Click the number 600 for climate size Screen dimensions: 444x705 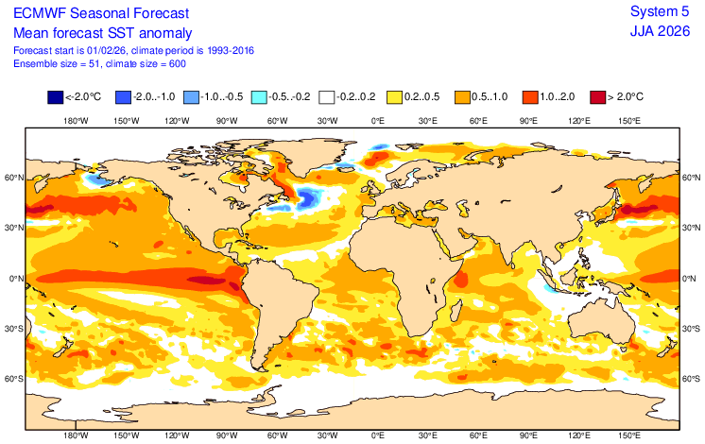point(174,63)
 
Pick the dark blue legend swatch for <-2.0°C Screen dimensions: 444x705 point(55,96)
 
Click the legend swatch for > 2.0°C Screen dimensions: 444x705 point(597,96)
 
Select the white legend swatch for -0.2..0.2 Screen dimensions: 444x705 point(327,96)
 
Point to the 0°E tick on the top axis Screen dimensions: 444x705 point(377,121)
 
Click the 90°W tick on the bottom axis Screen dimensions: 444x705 point(226,436)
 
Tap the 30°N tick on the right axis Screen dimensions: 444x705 point(692,227)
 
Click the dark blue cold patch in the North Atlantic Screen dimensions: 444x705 point(307,196)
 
